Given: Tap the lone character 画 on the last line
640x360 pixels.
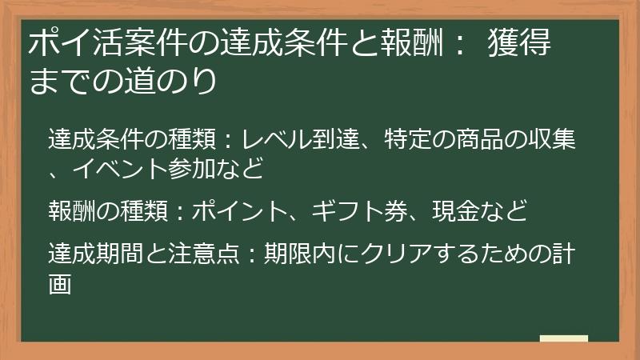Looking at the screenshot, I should pyautogui.click(x=60, y=283).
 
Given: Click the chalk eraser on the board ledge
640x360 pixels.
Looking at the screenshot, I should pyautogui.click(x=563, y=338).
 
